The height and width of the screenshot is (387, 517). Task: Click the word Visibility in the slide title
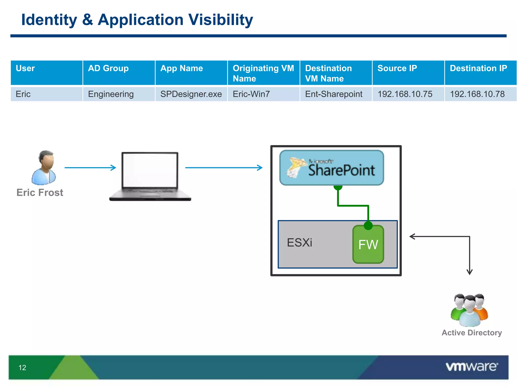point(220,20)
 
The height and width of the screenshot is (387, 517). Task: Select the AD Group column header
point(119,73)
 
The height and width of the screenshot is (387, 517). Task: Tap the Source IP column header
point(408,73)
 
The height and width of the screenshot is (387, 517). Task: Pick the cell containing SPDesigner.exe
point(191,94)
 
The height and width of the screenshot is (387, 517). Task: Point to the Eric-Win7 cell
point(263,94)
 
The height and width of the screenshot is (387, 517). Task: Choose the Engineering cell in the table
point(119,94)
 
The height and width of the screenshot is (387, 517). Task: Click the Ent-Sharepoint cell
point(336,94)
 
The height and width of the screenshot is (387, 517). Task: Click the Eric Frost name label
point(40,192)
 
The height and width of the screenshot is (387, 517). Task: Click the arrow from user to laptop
point(90,168)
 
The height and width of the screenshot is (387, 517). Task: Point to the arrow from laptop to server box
point(224,168)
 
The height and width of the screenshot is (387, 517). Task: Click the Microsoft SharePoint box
point(331,168)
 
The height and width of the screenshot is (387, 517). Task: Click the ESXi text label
point(299,243)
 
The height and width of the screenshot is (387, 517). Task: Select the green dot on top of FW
point(368,225)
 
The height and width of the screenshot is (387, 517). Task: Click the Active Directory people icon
point(469,310)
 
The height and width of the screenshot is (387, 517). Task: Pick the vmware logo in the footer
point(472,367)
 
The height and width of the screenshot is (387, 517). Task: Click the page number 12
point(22,368)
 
